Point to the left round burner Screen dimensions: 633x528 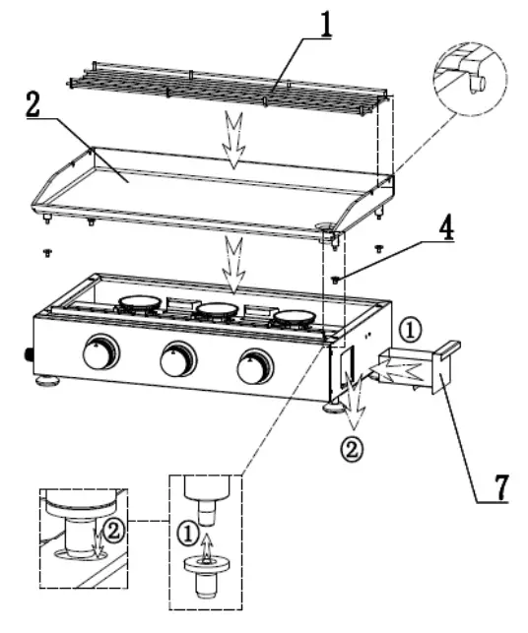tap(140, 304)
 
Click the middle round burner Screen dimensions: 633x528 tap(217, 311)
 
